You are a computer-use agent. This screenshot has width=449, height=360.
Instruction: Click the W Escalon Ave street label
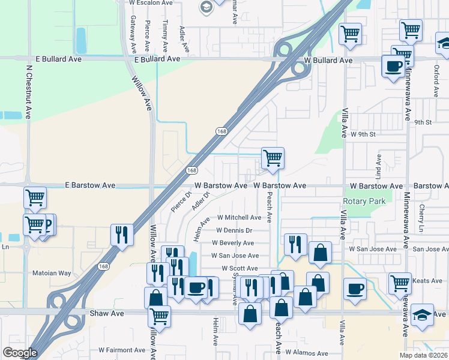151,2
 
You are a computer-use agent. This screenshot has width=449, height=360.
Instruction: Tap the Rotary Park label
364,202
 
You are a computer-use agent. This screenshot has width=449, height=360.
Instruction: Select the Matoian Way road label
68,274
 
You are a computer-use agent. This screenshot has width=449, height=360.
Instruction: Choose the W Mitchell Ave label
239,217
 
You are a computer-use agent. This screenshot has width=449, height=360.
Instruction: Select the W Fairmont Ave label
122,350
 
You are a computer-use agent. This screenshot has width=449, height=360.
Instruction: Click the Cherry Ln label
423,219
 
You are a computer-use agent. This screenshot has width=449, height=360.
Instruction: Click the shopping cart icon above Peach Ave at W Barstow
273,158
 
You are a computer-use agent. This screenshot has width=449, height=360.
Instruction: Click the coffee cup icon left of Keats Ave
355,289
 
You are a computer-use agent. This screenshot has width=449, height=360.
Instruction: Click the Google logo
20,353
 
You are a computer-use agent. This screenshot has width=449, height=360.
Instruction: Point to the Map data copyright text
424,355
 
